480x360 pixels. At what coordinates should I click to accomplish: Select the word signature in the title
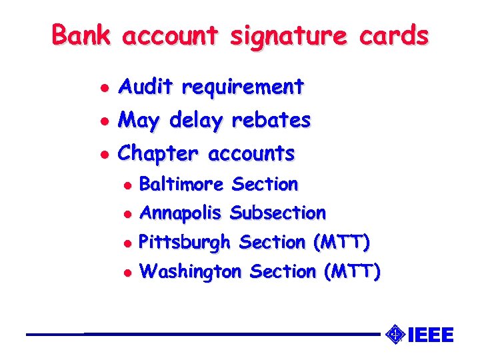[x=288, y=36]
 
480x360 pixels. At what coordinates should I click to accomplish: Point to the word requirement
[x=243, y=87]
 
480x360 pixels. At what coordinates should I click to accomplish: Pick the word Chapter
[x=158, y=154]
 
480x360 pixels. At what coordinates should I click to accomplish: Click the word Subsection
[x=277, y=213]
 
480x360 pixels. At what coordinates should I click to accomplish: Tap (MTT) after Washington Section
[x=351, y=272]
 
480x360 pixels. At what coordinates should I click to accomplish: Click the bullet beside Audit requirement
[x=102, y=87]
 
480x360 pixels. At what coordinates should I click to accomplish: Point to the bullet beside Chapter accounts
[x=102, y=154]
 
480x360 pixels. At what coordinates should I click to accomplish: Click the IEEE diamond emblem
[x=396, y=333]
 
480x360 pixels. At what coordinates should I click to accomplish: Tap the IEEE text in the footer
[x=430, y=334]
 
